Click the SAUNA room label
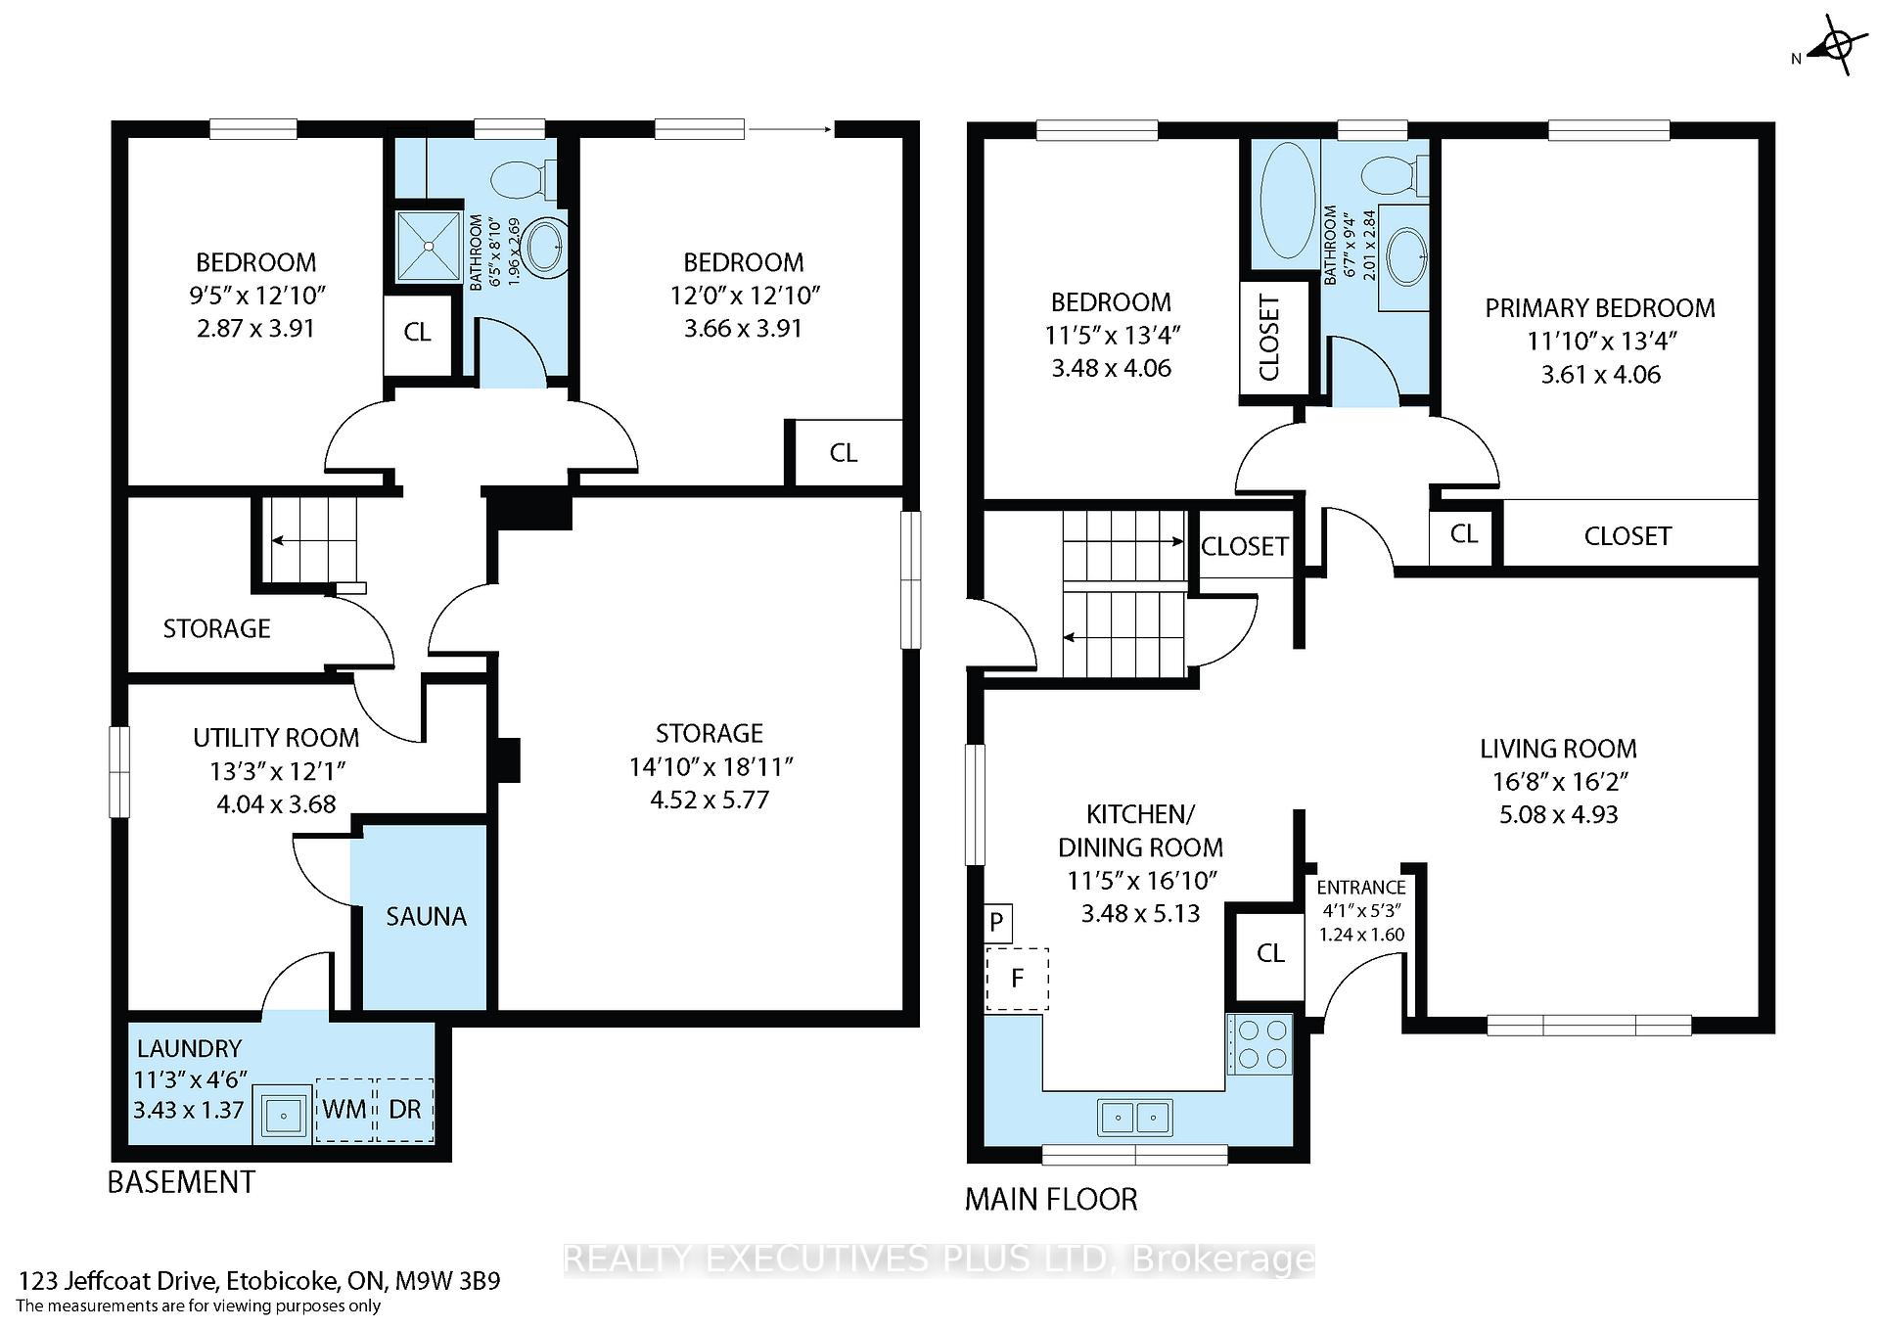(x=426, y=916)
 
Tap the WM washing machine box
(x=344, y=1110)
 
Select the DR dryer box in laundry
(x=405, y=1110)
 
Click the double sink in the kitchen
(x=1135, y=1117)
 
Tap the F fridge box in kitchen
(x=1017, y=978)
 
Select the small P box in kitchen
(x=996, y=923)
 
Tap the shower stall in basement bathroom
(x=428, y=245)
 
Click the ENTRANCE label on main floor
(x=1360, y=888)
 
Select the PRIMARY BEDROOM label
(x=1599, y=308)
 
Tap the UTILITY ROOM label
(x=276, y=738)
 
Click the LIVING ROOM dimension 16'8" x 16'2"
(x=1558, y=782)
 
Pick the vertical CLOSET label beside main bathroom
(x=1269, y=338)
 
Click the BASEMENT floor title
(x=181, y=1182)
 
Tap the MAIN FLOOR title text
(x=1051, y=1199)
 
